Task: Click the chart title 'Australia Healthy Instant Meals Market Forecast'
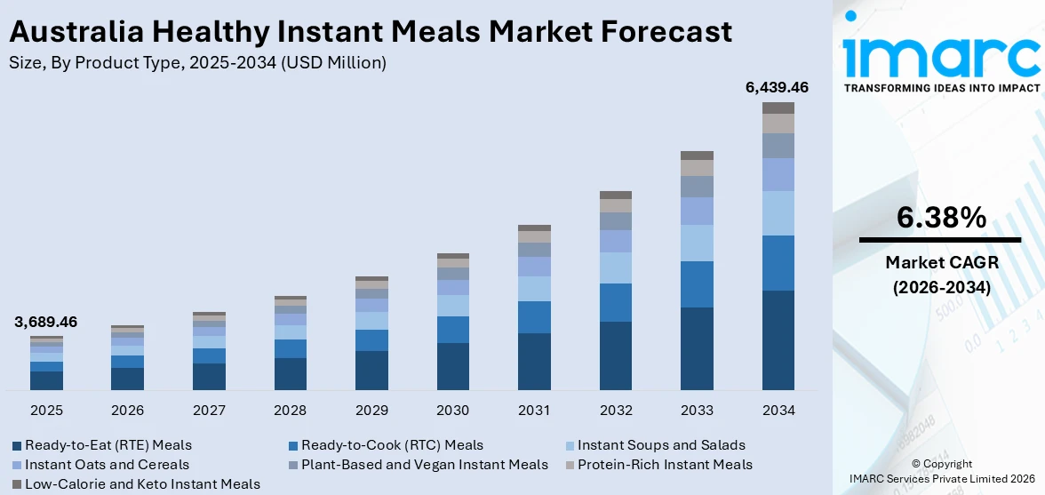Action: coord(371,31)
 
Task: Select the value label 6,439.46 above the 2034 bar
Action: coord(778,87)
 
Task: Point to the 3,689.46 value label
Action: coord(45,322)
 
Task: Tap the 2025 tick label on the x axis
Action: coord(46,411)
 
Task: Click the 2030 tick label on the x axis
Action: coord(453,411)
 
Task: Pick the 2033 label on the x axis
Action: coord(697,411)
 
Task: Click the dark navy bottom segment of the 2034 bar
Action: coord(778,339)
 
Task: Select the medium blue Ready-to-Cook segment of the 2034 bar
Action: coord(778,263)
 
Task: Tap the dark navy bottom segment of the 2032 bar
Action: coord(616,355)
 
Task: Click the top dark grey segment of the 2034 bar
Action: coord(778,108)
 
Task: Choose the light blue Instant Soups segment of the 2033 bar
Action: coord(697,243)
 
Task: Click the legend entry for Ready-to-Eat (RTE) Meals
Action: coord(108,444)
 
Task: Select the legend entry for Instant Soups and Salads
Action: coord(661,444)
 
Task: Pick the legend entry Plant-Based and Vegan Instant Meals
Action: coord(424,464)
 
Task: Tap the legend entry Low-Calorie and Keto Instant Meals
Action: coord(142,483)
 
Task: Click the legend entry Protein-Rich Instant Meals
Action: coord(665,464)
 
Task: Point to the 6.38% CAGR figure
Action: coord(941,218)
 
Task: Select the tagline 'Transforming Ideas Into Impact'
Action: coord(940,88)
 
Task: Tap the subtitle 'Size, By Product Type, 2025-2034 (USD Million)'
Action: coord(197,62)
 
